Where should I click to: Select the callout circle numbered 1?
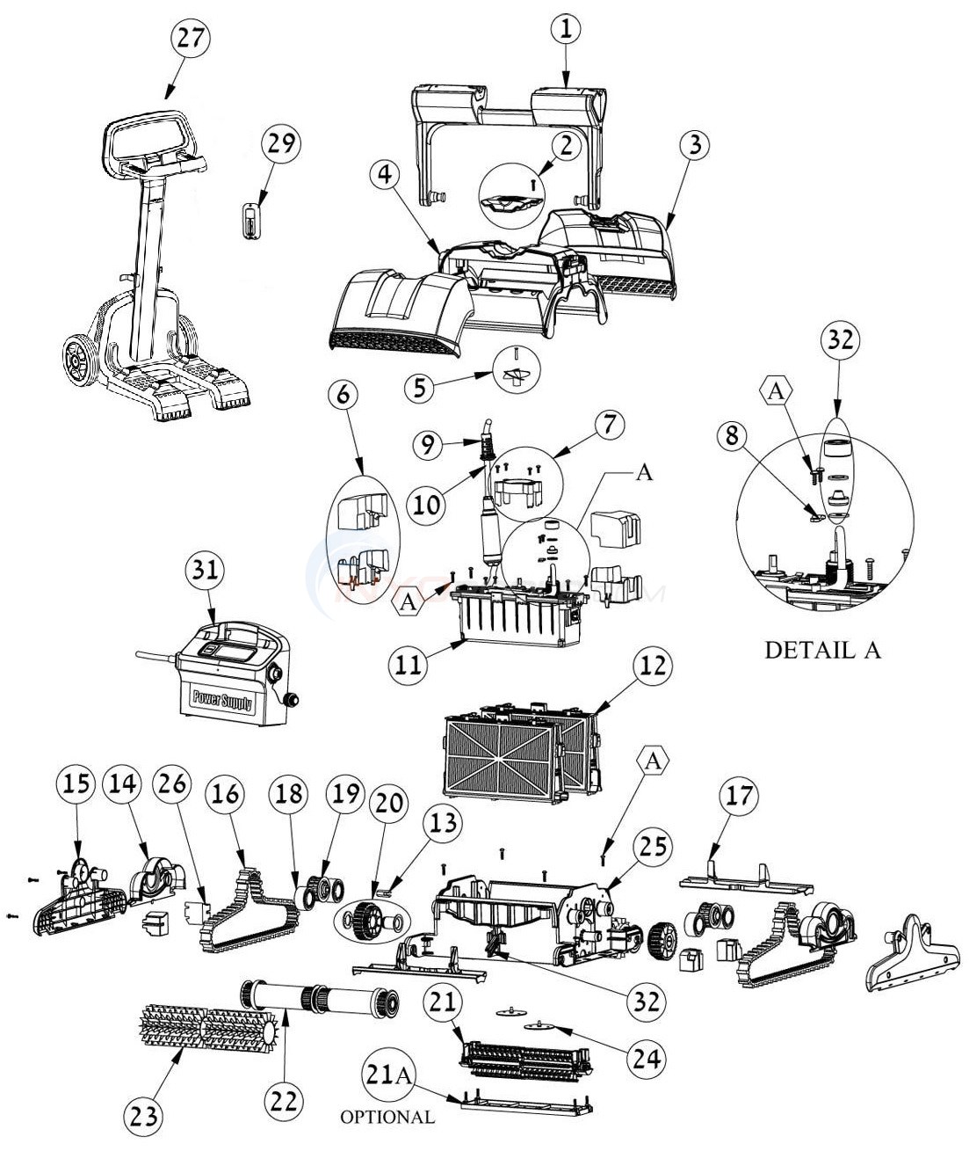[x=566, y=28]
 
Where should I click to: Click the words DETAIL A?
[x=822, y=651]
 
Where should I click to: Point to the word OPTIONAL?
[x=387, y=1118]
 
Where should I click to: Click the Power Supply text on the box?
[x=223, y=701]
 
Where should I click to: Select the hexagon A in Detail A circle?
[x=776, y=392]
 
